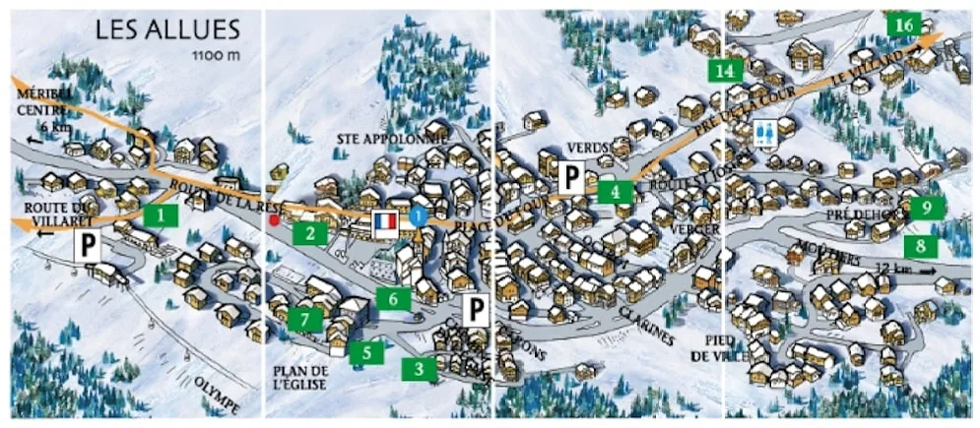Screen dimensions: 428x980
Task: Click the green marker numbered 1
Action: (x=160, y=214)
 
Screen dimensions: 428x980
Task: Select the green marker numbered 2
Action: (x=310, y=233)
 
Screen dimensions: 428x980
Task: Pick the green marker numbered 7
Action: (x=305, y=319)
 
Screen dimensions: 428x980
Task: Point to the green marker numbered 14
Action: (x=726, y=70)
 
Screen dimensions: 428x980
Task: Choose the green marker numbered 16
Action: (x=904, y=24)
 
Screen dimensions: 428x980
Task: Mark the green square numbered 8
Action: (x=921, y=245)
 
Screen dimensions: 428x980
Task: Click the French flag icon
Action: (x=384, y=221)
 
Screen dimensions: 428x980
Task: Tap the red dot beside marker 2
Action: (x=275, y=220)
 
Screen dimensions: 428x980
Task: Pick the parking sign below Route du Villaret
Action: (x=89, y=246)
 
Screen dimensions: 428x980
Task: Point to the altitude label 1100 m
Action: (x=218, y=56)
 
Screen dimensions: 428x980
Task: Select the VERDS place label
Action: (x=590, y=148)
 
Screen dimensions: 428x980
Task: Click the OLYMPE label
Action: (x=217, y=394)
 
